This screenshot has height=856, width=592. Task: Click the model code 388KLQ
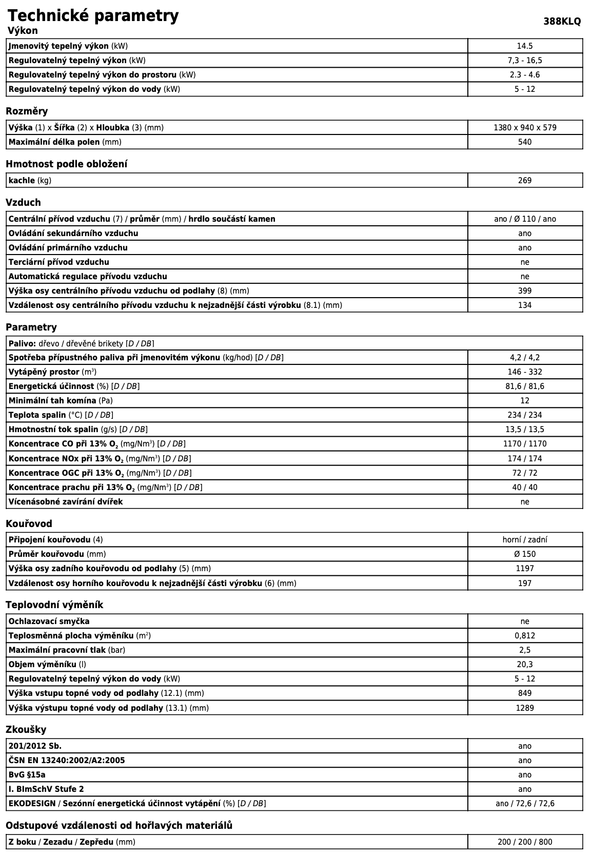coord(562,22)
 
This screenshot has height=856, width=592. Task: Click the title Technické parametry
coord(93,15)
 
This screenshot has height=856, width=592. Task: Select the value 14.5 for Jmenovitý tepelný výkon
coord(525,46)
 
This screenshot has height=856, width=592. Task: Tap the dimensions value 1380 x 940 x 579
coord(525,127)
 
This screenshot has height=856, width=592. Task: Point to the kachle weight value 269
coord(525,181)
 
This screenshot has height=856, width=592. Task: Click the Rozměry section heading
coord(27,111)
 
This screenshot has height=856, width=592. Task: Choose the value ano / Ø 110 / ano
coord(525,219)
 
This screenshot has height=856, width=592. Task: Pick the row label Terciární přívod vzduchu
coord(59,262)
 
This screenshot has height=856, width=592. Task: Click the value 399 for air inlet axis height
coord(525,291)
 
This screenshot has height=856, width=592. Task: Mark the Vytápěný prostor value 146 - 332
coord(525,372)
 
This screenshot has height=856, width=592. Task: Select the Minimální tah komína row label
coord(52,401)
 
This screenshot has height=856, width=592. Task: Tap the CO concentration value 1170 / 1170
coord(525,444)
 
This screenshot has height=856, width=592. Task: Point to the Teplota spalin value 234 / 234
coord(525,415)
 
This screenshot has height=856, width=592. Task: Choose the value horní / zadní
coord(525,540)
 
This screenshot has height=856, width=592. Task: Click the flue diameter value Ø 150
coord(525,554)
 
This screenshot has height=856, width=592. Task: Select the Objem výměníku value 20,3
coord(525,665)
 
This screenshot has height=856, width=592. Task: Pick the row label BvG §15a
coord(30,775)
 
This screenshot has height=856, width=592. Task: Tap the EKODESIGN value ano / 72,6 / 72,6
coord(525,804)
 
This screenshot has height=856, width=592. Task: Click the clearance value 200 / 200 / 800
coord(525,842)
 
